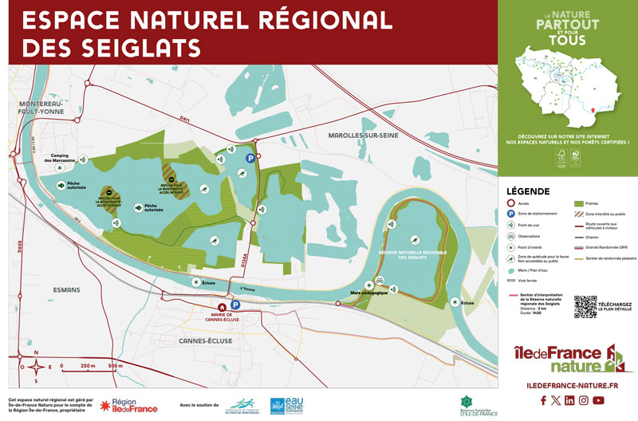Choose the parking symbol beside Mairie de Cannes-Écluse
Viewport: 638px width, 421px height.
pyautogui.click(x=235, y=305)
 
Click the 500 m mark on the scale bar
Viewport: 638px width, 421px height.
pyautogui.click(x=115, y=366)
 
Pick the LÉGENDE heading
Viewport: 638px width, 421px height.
pyautogui.click(x=527, y=192)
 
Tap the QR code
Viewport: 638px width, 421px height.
pyautogui.click(x=585, y=307)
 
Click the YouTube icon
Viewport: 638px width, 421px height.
pyautogui.click(x=598, y=400)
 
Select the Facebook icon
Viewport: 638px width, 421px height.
pyautogui.click(x=543, y=400)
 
